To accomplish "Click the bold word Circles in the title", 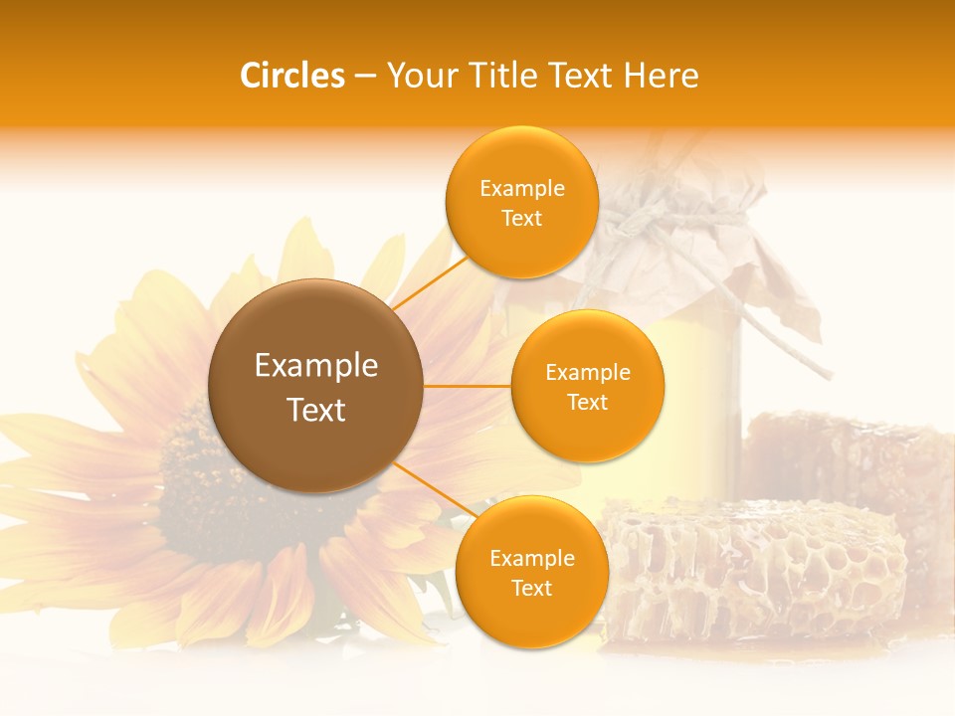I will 292,76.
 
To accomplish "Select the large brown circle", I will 315,386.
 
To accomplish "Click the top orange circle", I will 521,202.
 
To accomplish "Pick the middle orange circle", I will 587,386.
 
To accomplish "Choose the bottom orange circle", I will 531,572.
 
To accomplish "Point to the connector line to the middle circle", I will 468,386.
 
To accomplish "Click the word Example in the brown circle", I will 316,366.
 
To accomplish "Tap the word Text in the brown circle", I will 316,410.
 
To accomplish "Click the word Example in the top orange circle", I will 521,189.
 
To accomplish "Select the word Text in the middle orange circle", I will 587,402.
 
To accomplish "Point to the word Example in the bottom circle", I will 531,559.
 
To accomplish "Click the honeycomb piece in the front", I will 756,567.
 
